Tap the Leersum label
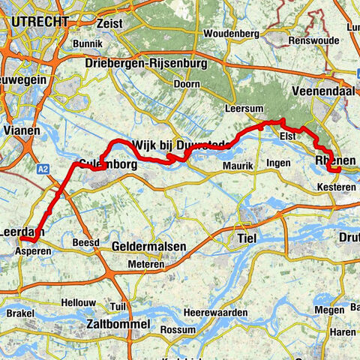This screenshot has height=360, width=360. (240, 108)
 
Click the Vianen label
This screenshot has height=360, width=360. (22, 128)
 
